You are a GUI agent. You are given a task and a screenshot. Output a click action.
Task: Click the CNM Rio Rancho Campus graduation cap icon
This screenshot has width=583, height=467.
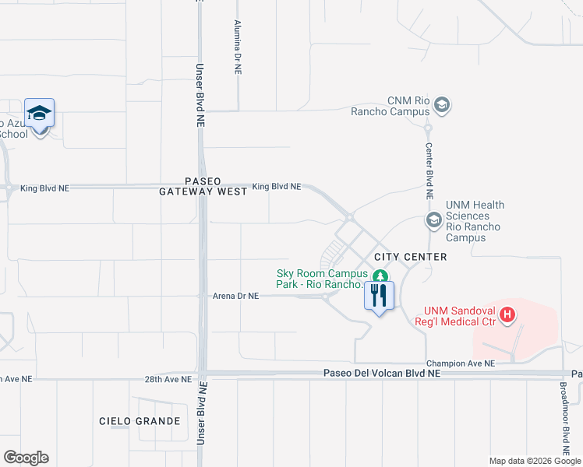coord(442,104)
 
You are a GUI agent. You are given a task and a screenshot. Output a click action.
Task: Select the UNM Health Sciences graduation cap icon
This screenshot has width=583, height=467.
coord(433,221)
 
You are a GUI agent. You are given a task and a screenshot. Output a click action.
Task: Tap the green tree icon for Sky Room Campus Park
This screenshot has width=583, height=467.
coord(380,276)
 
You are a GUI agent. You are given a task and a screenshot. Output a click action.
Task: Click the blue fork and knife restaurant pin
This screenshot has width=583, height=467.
coord(380,296)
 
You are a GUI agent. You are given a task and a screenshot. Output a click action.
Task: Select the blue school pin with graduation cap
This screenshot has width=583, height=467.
coord(39,114)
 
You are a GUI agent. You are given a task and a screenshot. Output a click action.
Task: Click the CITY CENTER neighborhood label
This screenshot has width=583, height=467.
coord(411,257)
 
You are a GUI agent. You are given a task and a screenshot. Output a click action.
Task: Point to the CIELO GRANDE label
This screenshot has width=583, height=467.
coord(140,421)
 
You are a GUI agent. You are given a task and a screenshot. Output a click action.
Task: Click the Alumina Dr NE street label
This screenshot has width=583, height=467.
coord(237,47)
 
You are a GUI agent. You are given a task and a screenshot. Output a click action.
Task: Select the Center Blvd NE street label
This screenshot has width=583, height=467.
coord(429,164)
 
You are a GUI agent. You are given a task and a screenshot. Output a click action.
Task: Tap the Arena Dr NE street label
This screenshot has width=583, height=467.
coord(235,297)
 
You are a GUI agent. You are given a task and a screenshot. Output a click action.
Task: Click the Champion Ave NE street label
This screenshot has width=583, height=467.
coord(460,363)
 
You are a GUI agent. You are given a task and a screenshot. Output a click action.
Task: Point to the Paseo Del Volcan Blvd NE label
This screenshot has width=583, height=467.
coord(382,374)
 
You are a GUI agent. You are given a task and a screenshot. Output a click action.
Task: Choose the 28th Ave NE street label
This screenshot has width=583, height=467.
coord(168,379)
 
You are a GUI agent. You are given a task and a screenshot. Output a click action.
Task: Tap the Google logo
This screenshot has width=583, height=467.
coord(26,458)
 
